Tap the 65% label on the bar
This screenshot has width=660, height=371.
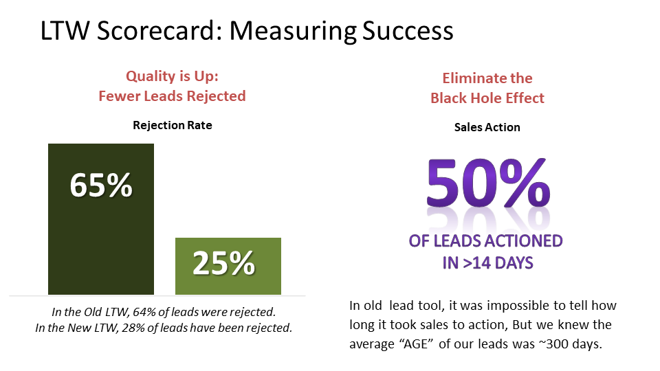pyautogui.click(x=101, y=185)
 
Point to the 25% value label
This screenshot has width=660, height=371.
pyautogui.click(x=223, y=263)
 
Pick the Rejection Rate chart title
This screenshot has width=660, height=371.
pyautogui.click(x=173, y=125)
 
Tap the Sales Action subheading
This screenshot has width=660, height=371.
pyautogui.click(x=487, y=127)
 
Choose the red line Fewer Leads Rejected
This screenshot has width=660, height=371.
pyautogui.click(x=172, y=96)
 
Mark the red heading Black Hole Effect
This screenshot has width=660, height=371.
pyautogui.click(x=487, y=98)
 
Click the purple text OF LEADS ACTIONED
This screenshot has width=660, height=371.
pyautogui.click(x=486, y=241)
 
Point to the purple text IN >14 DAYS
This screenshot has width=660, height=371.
pyautogui.click(x=487, y=262)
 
